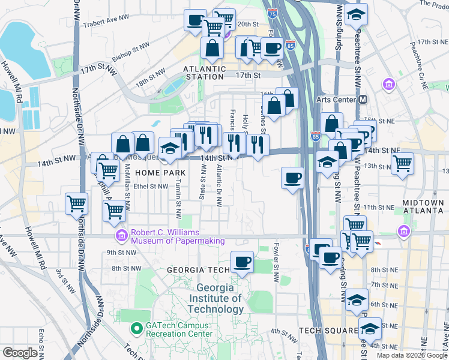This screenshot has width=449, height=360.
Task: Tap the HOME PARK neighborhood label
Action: point(155,172)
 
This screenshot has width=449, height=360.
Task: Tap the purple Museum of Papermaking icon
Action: point(122,236)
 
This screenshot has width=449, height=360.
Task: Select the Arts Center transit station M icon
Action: point(362,100)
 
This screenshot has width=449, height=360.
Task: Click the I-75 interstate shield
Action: point(273,13)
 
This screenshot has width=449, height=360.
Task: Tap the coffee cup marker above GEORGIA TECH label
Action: point(243,262)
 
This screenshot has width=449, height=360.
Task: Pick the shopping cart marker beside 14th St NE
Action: point(402,162)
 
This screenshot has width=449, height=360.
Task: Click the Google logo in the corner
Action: point(20,352)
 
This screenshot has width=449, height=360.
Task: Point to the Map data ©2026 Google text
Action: point(411,355)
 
